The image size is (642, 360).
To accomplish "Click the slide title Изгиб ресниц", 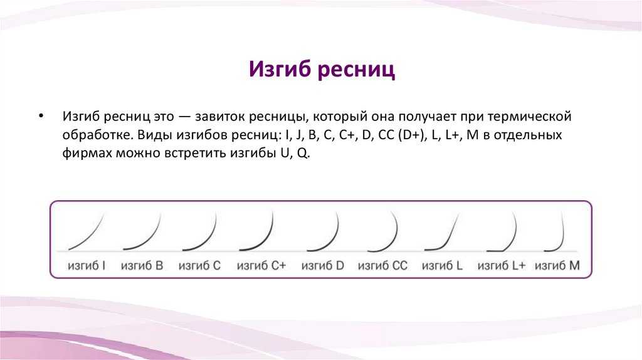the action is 322,69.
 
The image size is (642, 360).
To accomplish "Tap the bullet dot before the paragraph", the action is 41,116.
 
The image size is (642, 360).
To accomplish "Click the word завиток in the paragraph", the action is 219,116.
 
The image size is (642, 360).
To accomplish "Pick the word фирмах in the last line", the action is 87,153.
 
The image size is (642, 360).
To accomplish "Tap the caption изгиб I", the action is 87,266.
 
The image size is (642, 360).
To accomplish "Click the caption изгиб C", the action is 199,266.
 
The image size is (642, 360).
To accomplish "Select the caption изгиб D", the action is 323,266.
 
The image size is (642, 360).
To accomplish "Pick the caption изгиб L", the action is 442,266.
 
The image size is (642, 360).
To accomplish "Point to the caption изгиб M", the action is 557,266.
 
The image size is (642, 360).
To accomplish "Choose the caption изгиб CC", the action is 383,266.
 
